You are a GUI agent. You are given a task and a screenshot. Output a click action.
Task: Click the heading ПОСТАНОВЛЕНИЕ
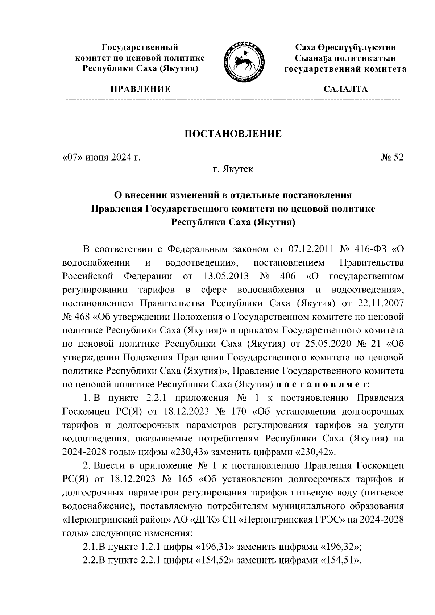pyautogui.click(x=233, y=134)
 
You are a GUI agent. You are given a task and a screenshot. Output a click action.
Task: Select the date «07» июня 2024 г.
pyautogui.click(x=101, y=158)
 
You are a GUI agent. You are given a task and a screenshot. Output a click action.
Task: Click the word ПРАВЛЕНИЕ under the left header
pyautogui.click(x=141, y=89)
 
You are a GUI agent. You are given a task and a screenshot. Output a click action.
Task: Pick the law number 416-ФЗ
pyautogui.click(x=369, y=249)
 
